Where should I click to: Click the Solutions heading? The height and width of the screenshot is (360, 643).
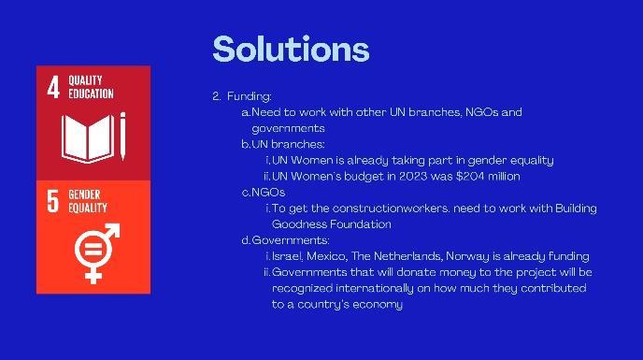[x=291, y=50]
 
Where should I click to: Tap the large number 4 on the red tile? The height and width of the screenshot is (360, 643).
[x=53, y=87]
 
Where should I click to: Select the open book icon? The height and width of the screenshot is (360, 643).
[x=88, y=138]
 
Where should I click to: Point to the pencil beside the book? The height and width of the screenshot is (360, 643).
[x=122, y=137]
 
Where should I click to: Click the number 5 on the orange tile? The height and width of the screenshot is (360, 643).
[x=53, y=201]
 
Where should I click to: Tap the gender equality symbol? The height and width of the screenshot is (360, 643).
[x=97, y=253]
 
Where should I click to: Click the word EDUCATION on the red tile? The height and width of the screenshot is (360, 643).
[x=91, y=94]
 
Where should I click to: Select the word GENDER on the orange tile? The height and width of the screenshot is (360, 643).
[x=84, y=194]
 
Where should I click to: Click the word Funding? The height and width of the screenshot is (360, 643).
[x=249, y=96]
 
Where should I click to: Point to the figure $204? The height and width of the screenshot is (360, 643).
[x=470, y=176]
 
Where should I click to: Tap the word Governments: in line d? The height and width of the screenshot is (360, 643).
[x=291, y=240]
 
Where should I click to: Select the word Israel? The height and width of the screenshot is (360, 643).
[x=288, y=256]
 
